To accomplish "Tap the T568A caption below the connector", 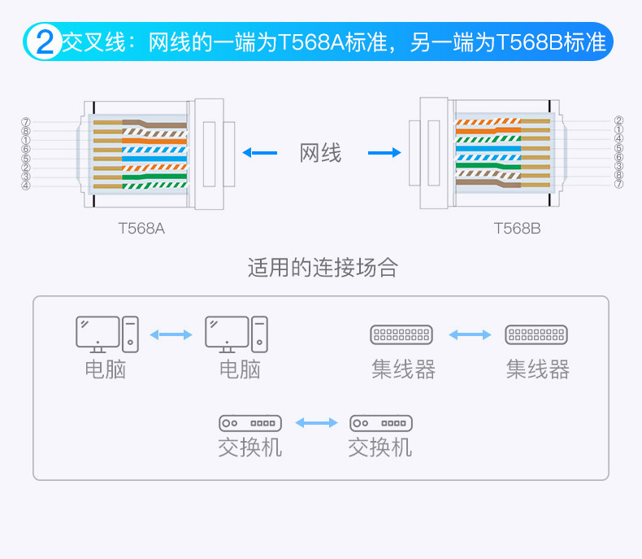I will point(141,229).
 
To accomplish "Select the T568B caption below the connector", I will point(517,229).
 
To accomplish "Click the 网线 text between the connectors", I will point(321,152).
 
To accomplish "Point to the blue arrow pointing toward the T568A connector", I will point(259,152).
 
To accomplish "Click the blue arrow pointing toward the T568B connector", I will point(384,152).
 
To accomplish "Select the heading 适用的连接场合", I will point(323,268).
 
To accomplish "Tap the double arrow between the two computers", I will point(171,334).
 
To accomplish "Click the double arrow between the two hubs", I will point(470,334).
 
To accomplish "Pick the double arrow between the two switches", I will point(316,423).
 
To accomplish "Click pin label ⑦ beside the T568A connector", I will point(26,122).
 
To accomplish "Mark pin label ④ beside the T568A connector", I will point(26,186).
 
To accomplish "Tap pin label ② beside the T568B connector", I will point(619,120).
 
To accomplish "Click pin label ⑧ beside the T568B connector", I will point(619,175).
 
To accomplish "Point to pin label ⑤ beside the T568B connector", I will point(619,148).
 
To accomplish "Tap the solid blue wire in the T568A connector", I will point(154,159).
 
